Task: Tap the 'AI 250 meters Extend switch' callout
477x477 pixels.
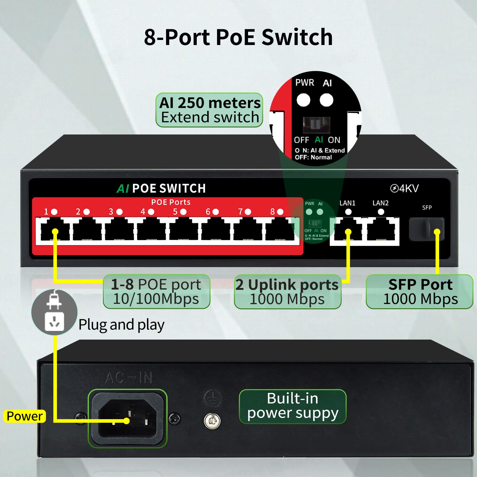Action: coord(209,110)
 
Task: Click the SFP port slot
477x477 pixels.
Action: coord(426,229)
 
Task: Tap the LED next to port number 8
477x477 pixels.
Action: coord(280,212)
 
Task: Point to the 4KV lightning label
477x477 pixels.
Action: coord(405,188)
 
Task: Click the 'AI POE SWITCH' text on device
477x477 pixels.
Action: coord(161,188)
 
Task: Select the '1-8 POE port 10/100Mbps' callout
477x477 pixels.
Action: coord(157,292)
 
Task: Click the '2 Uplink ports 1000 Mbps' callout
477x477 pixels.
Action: coord(287,292)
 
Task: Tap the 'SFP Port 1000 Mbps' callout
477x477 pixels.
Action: coord(420,292)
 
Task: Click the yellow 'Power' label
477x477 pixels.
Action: coord(24,416)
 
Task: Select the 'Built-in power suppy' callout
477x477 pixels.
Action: coord(292,406)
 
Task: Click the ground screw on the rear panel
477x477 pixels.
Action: coord(212,421)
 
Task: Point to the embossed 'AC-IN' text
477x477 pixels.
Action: coord(128,378)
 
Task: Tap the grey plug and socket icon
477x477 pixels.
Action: coord(54,312)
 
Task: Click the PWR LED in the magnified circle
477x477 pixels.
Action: coord(303,100)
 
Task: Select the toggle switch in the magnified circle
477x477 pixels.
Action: coord(316,124)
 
